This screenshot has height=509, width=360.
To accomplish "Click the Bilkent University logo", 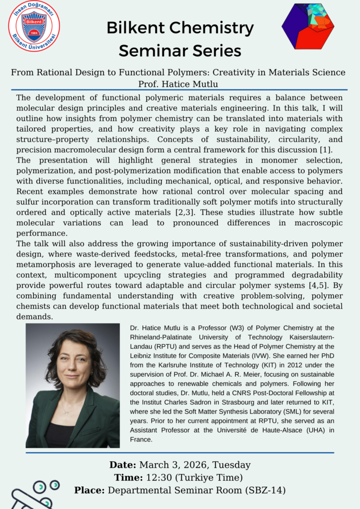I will click(x=34, y=26).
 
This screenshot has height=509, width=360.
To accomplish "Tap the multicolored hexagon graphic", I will click(x=308, y=26).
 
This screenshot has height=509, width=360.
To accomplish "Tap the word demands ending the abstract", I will click(x=34, y=316).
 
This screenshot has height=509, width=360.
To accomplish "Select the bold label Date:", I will click(x=122, y=465).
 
